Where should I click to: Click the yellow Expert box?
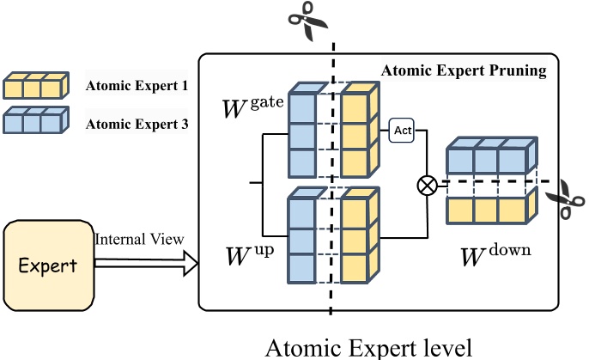[x=48, y=264]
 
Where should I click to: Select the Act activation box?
[x=402, y=130]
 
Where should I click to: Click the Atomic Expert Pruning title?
[x=463, y=71]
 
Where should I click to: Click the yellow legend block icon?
[x=35, y=86]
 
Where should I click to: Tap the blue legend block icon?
[x=35, y=122]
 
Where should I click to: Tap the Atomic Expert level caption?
[x=368, y=345]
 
